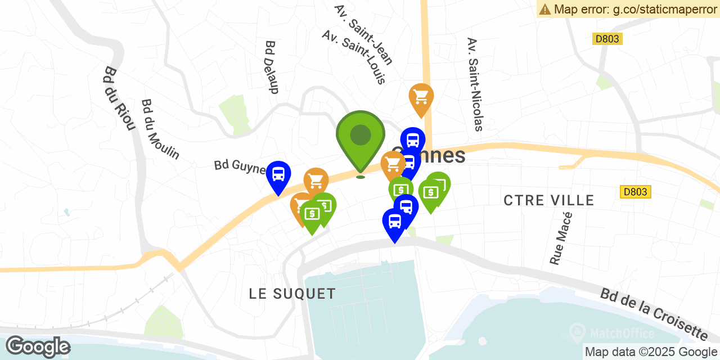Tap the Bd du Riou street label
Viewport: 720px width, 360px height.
click(x=119, y=98)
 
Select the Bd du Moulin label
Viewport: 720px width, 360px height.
click(x=160, y=129)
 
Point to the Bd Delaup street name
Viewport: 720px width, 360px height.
click(x=272, y=66)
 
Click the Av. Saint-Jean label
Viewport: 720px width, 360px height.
click(x=363, y=35)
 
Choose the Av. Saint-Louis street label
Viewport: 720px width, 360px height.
click(x=354, y=57)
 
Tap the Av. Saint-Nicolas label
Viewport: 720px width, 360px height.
click(x=475, y=84)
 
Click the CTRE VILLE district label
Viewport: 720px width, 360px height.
click(x=548, y=200)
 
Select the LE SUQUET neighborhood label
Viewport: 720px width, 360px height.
click(x=292, y=294)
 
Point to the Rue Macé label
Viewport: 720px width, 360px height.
click(x=561, y=238)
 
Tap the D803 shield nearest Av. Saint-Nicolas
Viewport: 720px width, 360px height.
click(x=607, y=39)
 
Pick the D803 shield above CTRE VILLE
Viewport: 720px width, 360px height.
click(x=636, y=192)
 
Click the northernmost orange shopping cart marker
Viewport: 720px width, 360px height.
click(x=421, y=97)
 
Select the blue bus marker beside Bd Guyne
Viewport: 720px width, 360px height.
click(x=278, y=175)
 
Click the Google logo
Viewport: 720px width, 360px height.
click(x=38, y=346)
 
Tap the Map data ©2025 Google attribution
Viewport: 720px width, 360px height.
click(x=651, y=352)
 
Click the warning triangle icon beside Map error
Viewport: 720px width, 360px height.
click(x=544, y=9)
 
